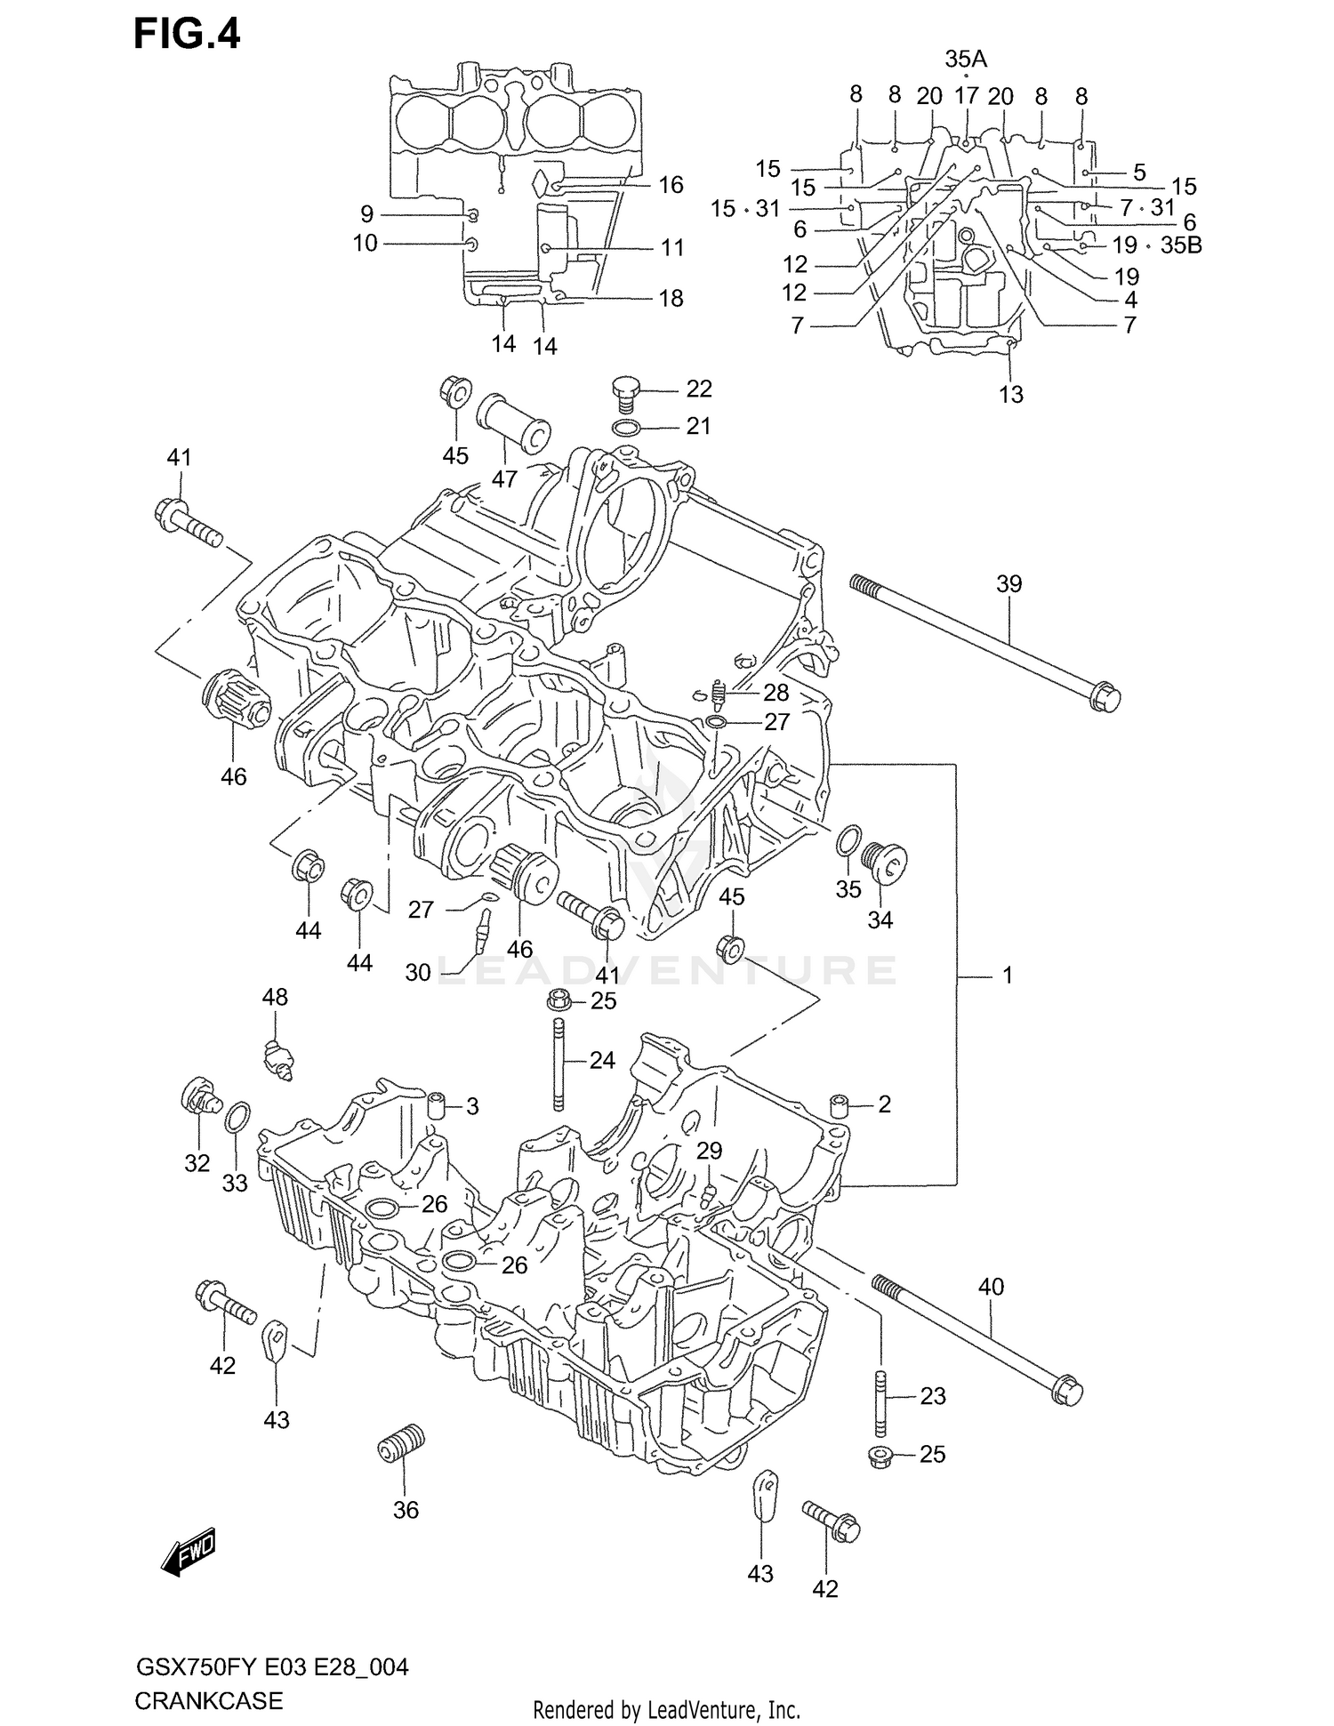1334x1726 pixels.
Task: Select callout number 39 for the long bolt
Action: click(1009, 584)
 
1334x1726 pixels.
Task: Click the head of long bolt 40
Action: click(1068, 1391)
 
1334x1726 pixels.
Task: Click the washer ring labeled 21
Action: click(626, 429)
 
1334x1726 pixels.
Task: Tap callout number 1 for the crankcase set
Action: click(1007, 975)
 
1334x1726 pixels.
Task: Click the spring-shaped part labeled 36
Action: click(401, 1442)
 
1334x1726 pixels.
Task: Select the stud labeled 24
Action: click(558, 1064)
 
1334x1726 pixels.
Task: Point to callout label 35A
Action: click(966, 60)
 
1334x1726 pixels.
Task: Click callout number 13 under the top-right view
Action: click(1011, 394)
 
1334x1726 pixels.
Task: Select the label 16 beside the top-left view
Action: click(671, 185)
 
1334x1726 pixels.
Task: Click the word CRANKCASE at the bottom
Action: click(208, 1700)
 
